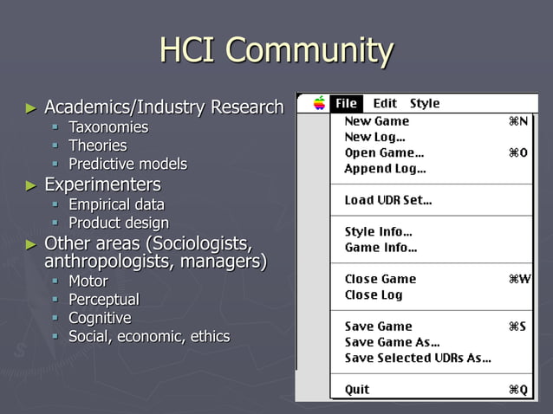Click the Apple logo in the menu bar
[x=319, y=103]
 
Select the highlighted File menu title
[x=346, y=103]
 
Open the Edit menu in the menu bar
[x=385, y=103]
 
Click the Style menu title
[x=425, y=103]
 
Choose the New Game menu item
[x=378, y=122]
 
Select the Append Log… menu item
[x=385, y=169]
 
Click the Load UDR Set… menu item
[x=388, y=200]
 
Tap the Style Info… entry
[x=378, y=232]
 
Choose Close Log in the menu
[x=374, y=294]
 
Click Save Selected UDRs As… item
[x=417, y=358]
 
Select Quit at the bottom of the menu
[x=357, y=390]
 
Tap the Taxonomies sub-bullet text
[x=108, y=127]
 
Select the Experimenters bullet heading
[x=102, y=184]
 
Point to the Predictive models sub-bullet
[x=127, y=164]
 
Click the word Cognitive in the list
[x=100, y=318]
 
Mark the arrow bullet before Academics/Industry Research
[x=31, y=108]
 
